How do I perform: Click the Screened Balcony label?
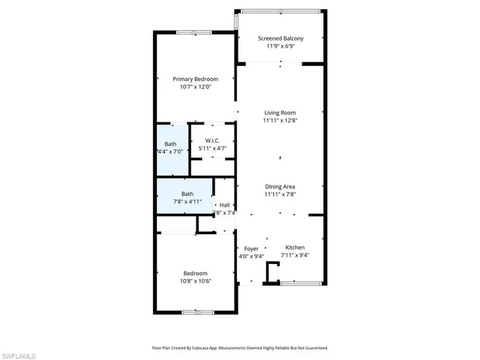tap(280, 38)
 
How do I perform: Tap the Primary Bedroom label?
tap(195, 79)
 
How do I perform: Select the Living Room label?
tap(280, 112)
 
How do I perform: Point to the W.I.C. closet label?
tap(212, 139)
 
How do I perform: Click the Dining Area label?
tap(280, 187)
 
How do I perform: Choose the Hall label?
tap(224, 204)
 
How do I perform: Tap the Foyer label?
tap(251, 247)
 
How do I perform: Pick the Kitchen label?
tap(295, 247)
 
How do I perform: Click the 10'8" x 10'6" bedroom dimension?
tap(195, 281)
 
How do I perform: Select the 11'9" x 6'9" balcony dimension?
tap(280, 46)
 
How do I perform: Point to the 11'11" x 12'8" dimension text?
tap(280, 120)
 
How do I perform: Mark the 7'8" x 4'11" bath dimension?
tap(187, 202)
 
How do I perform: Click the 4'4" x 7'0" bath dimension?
tap(171, 151)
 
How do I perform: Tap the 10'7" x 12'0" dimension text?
tap(195, 87)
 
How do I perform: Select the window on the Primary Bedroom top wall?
tap(187, 31)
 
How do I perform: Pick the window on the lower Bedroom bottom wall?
tap(198, 311)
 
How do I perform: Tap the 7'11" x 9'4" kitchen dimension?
tap(295, 255)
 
